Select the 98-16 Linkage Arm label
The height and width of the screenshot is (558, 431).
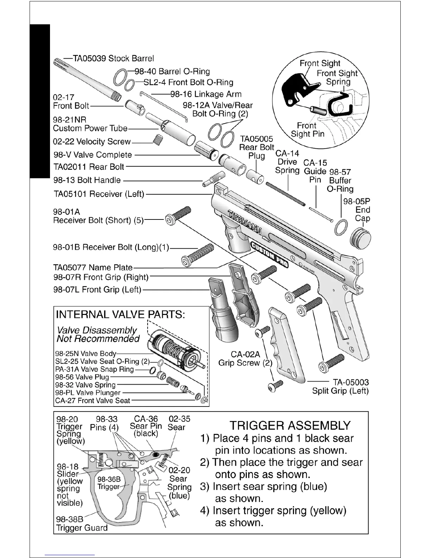point(206,94)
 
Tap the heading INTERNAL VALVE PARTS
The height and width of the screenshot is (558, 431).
point(120,314)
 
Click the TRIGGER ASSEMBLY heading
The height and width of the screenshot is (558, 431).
point(290,426)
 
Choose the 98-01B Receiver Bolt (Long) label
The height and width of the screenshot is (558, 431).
point(111,247)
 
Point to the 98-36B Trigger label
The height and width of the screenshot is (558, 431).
point(109,483)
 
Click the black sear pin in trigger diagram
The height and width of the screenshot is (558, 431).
point(155,454)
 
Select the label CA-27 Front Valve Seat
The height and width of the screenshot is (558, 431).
point(93,401)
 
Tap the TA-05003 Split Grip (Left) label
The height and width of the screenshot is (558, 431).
point(340,386)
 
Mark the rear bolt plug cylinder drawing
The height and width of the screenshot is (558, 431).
point(255,176)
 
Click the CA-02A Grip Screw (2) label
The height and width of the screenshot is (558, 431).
point(245,359)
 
